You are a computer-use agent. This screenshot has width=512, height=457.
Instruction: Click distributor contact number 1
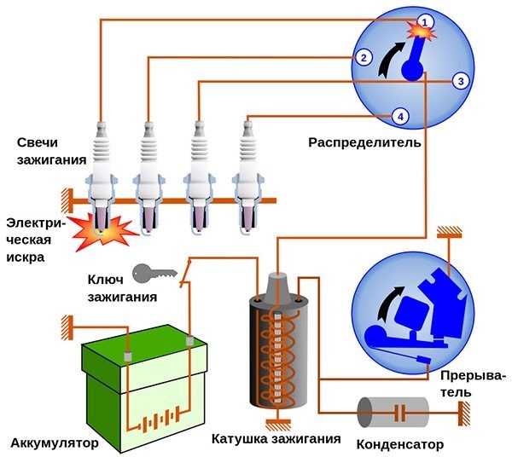tap(424, 19)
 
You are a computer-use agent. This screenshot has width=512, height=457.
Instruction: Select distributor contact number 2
tap(364, 58)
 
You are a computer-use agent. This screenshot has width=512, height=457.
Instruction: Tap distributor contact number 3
tap(460, 81)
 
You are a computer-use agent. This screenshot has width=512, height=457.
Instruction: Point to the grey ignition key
tap(153, 273)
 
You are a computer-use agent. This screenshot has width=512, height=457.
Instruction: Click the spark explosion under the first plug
tap(101, 228)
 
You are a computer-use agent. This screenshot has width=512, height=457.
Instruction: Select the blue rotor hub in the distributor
tap(413, 72)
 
